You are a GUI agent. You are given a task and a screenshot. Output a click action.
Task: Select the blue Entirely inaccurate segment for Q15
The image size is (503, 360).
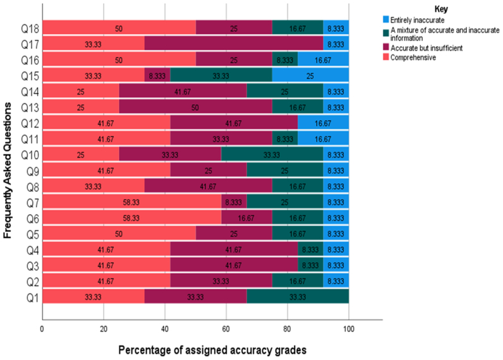coord(310,75)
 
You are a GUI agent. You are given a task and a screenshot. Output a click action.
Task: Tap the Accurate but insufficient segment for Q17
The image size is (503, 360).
coord(234,44)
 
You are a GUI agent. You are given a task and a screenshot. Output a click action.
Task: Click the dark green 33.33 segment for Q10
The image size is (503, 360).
coord(272,153)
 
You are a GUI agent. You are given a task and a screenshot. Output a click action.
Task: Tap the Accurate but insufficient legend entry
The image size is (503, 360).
coord(429,49)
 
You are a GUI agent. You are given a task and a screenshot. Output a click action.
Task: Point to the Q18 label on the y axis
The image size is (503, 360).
coord(30,28)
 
